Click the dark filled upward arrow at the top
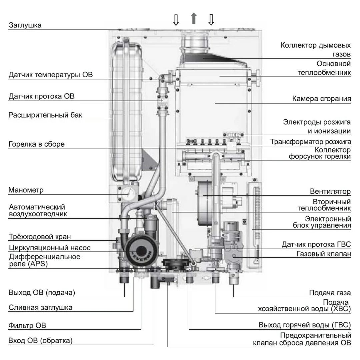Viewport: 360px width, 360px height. coord(193,19)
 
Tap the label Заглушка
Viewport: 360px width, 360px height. coord(25,25)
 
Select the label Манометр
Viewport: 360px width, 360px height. coord(26,191)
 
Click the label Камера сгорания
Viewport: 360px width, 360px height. coord(321,99)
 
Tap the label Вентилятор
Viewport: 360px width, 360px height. coord(330,191)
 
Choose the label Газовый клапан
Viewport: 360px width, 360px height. coord(323,254)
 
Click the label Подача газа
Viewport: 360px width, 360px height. coord(330,293)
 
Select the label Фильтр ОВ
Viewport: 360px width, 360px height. coord(27,325)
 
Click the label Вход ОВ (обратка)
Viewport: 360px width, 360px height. coord(40,341)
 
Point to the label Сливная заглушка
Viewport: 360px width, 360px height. coord(40,307)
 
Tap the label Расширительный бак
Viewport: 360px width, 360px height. coord(45,115)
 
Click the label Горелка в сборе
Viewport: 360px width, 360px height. coord(37,144)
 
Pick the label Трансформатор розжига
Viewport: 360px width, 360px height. coord(310,142)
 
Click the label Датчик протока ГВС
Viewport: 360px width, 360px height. coord(316,244)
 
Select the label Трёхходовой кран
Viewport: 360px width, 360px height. coord(40,237)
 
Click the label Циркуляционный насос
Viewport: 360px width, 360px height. coord(49,248)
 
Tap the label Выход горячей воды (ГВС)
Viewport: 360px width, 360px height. coord(305,325)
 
